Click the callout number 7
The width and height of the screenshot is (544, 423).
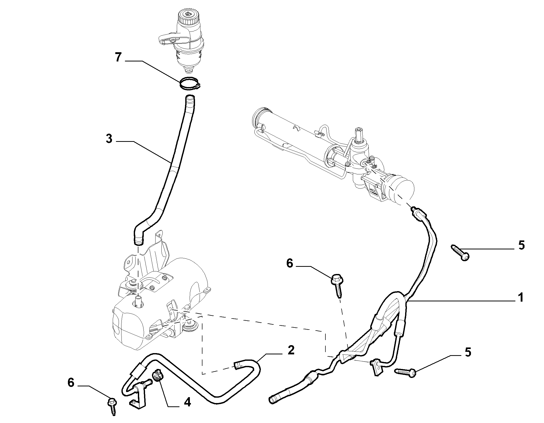click(x=118, y=58)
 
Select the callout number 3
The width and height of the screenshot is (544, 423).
click(x=109, y=139)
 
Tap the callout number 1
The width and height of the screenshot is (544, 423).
click(x=520, y=298)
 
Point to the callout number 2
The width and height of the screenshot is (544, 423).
click(x=291, y=350)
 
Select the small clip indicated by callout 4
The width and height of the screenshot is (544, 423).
click(x=157, y=375)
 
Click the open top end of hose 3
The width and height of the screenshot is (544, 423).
click(x=190, y=98)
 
